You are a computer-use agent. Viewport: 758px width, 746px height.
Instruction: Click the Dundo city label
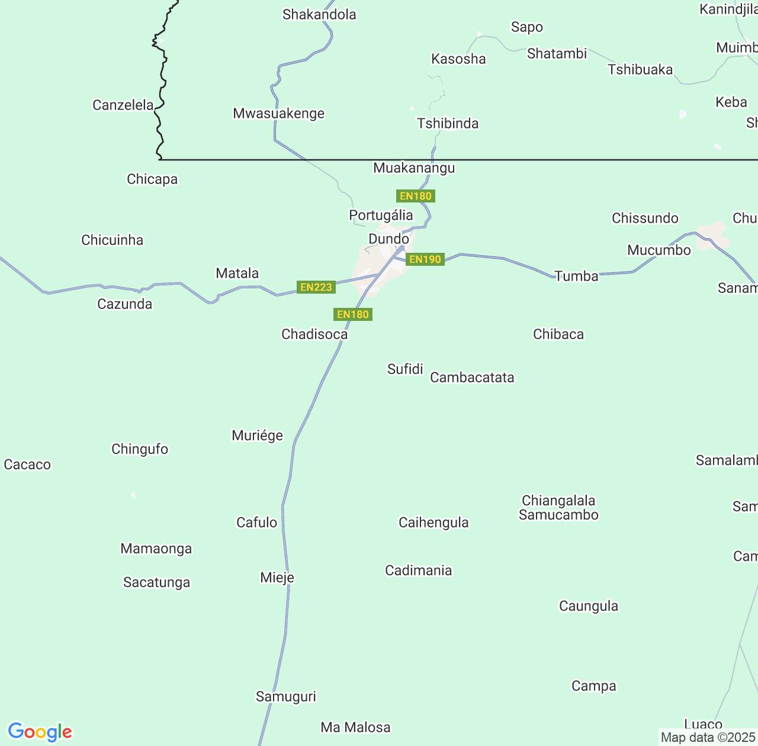click(x=388, y=239)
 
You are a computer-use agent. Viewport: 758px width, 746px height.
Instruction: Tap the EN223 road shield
click(x=316, y=287)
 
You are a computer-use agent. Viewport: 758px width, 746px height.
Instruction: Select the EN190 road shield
click(x=425, y=259)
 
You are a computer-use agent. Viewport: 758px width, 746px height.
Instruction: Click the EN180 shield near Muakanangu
click(x=416, y=196)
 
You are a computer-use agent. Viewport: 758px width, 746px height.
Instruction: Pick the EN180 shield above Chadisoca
click(x=353, y=314)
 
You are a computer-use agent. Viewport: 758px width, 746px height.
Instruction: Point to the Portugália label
click(x=381, y=215)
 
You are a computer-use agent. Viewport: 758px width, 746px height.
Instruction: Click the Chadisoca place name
click(x=314, y=334)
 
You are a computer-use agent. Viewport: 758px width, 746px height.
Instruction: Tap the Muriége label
click(x=257, y=436)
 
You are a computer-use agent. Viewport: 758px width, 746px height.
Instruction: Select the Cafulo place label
click(x=256, y=522)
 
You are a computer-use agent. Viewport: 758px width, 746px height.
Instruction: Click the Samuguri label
click(x=286, y=696)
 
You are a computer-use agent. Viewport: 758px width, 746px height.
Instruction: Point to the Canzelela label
click(x=123, y=105)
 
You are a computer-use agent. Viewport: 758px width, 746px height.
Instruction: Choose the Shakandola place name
click(x=319, y=14)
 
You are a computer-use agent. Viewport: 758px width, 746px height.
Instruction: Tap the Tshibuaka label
click(x=640, y=69)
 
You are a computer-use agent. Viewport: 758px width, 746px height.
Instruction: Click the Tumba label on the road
click(x=576, y=275)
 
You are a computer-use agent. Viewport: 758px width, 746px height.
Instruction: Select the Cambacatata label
click(x=472, y=377)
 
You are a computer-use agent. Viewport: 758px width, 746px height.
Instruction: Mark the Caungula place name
click(x=589, y=606)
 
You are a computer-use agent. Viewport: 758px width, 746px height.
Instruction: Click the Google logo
click(x=40, y=732)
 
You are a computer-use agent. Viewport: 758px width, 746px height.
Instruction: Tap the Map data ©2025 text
click(x=708, y=738)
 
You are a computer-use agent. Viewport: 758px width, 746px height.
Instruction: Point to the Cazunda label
click(x=124, y=304)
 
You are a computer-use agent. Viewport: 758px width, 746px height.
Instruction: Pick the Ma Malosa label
click(x=355, y=727)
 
